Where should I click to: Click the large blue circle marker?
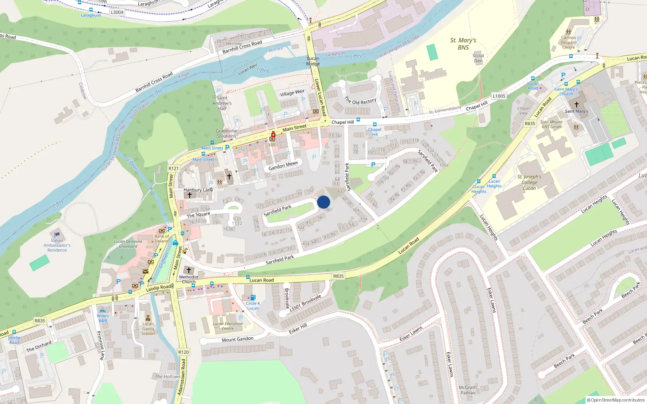click(x=323, y=202)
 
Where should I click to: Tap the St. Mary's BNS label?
click(x=463, y=44)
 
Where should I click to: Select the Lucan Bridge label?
click(x=313, y=61)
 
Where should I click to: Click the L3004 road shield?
click(x=117, y=12)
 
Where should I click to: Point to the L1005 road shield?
click(x=499, y=96)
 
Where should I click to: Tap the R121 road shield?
click(x=173, y=168)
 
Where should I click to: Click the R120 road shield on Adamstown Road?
click(x=183, y=352)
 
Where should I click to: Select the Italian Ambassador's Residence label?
click(x=57, y=245)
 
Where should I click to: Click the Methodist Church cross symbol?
click(x=188, y=270)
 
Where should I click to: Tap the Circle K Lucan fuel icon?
click(x=253, y=298)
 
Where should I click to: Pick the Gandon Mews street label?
click(x=283, y=166)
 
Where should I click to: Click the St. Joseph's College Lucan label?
click(x=529, y=182)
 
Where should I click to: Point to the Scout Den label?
click(x=478, y=58)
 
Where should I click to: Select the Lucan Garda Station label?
click(x=148, y=328)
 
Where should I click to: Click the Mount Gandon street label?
click(x=237, y=339)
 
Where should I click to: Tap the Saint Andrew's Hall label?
click(x=222, y=103)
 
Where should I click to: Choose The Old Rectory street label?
click(x=360, y=101)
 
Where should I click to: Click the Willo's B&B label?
click(x=103, y=318)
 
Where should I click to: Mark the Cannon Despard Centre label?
click(x=568, y=42)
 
